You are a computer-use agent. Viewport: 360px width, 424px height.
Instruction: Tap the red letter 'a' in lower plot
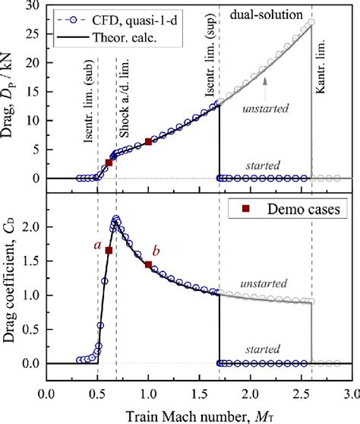[97, 245]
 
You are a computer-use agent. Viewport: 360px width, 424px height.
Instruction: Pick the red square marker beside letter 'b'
[148, 264]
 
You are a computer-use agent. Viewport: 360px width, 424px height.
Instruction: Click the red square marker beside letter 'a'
[109, 251]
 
